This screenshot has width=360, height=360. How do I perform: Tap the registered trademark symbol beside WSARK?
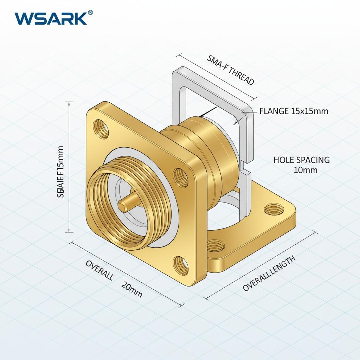click(x=90, y=13)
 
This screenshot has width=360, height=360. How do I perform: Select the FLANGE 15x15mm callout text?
click(x=294, y=111)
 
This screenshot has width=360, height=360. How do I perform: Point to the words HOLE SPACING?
click(x=302, y=160)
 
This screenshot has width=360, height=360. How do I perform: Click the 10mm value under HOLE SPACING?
click(x=305, y=171)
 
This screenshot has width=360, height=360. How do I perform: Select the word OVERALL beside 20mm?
click(x=99, y=271)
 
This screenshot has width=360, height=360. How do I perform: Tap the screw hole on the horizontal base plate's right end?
click(x=272, y=210)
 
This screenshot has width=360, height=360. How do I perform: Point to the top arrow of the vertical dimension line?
click(x=70, y=103)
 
